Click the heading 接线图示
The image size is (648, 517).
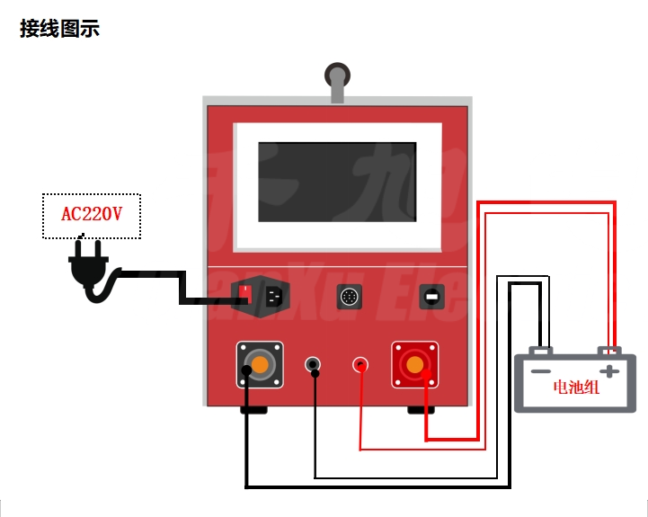(59, 29)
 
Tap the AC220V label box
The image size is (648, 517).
(91, 215)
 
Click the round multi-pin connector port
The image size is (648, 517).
(349, 296)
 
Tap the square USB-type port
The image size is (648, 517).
(432, 296)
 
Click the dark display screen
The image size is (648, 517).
(337, 182)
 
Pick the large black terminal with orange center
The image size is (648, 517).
(260, 364)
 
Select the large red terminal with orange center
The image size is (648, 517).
(414, 364)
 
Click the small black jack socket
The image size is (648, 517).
(313, 364)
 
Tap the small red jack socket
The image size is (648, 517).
(361, 364)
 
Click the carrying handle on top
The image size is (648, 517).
(337, 79)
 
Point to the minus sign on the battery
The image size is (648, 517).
(540, 370)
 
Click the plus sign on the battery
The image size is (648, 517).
(610, 370)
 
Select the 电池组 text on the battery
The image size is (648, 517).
(576, 388)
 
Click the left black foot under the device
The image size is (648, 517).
(253, 410)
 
